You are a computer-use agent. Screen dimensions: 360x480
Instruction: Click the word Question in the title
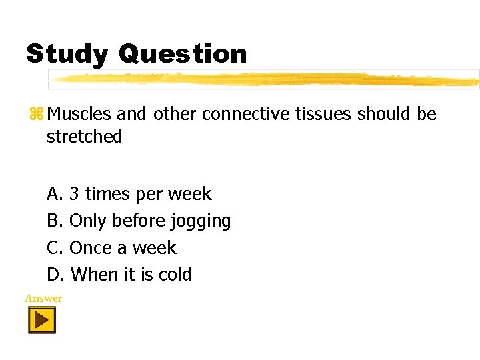point(183,54)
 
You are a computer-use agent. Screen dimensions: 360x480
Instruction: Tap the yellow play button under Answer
point(41,320)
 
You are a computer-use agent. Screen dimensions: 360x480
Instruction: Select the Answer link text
point(43,298)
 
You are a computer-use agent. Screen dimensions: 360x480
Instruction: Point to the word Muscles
point(80,114)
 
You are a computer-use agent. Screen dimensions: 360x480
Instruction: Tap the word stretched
point(84,137)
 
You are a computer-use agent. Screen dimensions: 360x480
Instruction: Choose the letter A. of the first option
point(55,194)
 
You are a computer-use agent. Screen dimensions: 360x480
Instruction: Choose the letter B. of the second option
point(55,221)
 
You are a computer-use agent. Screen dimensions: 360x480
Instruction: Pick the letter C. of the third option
point(55,247)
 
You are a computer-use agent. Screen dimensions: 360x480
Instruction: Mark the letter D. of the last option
point(55,274)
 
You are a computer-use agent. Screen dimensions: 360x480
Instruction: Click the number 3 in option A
point(75,194)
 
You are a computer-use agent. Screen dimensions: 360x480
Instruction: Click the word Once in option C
point(91,247)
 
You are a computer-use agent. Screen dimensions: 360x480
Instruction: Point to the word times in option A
point(108,194)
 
